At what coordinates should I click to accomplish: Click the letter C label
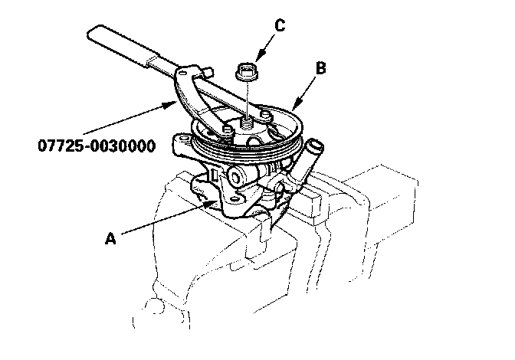[280, 25]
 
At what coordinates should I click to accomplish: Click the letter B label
[322, 68]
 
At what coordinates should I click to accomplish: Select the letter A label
[110, 238]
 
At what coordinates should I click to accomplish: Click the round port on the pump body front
[235, 178]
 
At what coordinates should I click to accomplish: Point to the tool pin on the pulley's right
[264, 115]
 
